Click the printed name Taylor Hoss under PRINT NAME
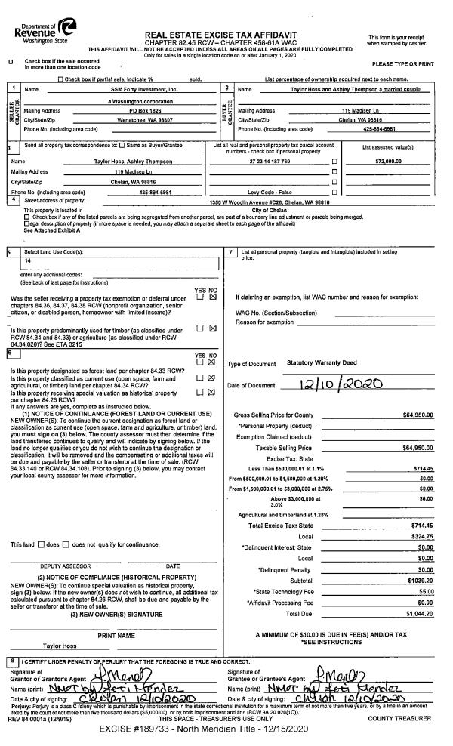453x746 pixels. coord(58,645)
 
